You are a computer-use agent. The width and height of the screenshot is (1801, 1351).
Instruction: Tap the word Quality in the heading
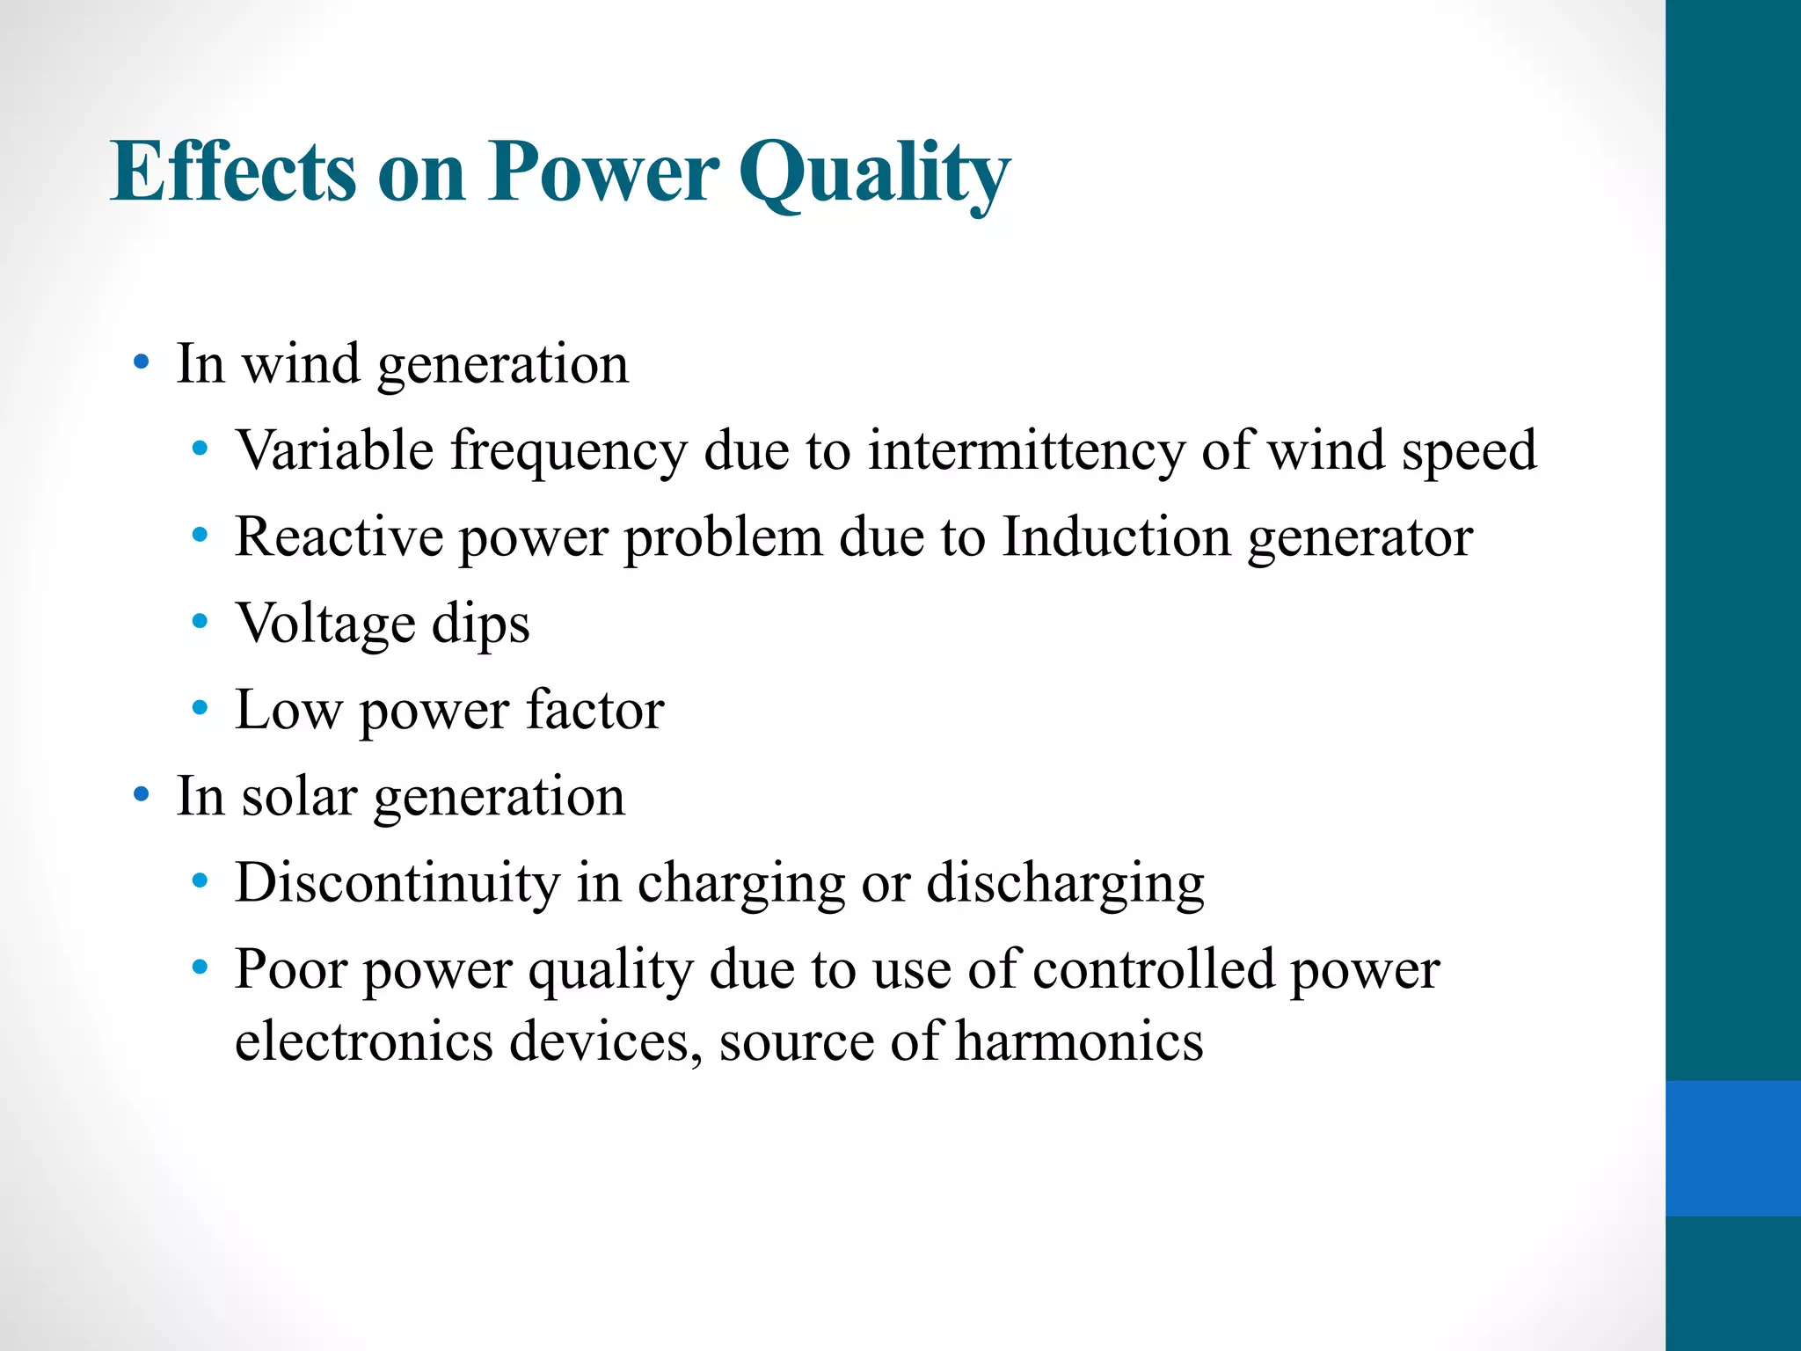click(x=874, y=173)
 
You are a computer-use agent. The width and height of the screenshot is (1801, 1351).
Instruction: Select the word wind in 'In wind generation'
click(x=301, y=363)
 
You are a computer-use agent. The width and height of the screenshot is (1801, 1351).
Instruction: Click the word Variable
click(x=334, y=450)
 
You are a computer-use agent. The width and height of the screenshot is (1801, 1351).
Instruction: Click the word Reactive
click(x=339, y=537)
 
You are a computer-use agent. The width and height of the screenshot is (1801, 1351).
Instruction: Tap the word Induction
click(x=1116, y=537)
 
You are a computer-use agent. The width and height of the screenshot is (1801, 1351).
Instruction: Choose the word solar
click(x=299, y=796)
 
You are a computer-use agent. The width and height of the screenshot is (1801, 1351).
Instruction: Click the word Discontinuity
click(x=397, y=882)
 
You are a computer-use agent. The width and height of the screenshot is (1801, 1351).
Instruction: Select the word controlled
click(x=1153, y=969)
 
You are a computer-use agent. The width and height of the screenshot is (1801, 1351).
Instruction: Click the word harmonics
click(x=1079, y=1041)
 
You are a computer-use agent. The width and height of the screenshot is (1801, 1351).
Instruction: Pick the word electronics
click(x=364, y=1041)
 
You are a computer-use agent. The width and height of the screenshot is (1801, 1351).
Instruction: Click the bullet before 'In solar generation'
click(x=141, y=795)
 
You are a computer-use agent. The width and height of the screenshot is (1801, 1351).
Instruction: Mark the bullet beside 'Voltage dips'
click(x=200, y=623)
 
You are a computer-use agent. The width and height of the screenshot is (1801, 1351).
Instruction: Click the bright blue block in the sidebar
click(x=1732, y=1148)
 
